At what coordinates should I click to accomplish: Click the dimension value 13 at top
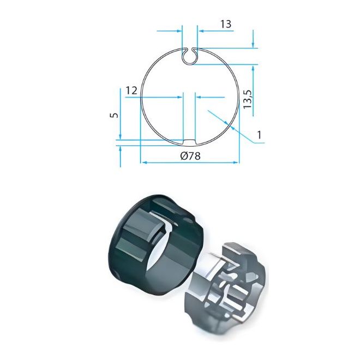tap(226, 24)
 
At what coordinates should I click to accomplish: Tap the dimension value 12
tap(131, 91)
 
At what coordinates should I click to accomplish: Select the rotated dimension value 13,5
tap(248, 99)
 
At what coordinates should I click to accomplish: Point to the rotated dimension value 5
tap(115, 115)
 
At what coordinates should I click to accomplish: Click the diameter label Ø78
tap(190, 156)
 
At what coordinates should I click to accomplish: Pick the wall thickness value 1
tap(259, 135)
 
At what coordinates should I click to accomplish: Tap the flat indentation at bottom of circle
tap(189, 142)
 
